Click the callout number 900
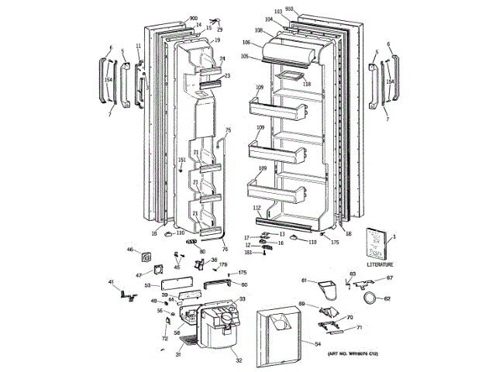tap(193, 18)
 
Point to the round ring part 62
tap(370, 297)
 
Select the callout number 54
tap(317, 343)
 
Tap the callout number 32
tap(239, 361)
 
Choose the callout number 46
tap(130, 250)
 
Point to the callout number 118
tap(307, 84)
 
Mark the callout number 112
tap(256, 208)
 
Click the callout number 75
tap(228, 129)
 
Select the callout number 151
tap(182, 160)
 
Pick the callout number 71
tap(359, 329)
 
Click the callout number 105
tap(245, 56)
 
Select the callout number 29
tap(219, 29)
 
